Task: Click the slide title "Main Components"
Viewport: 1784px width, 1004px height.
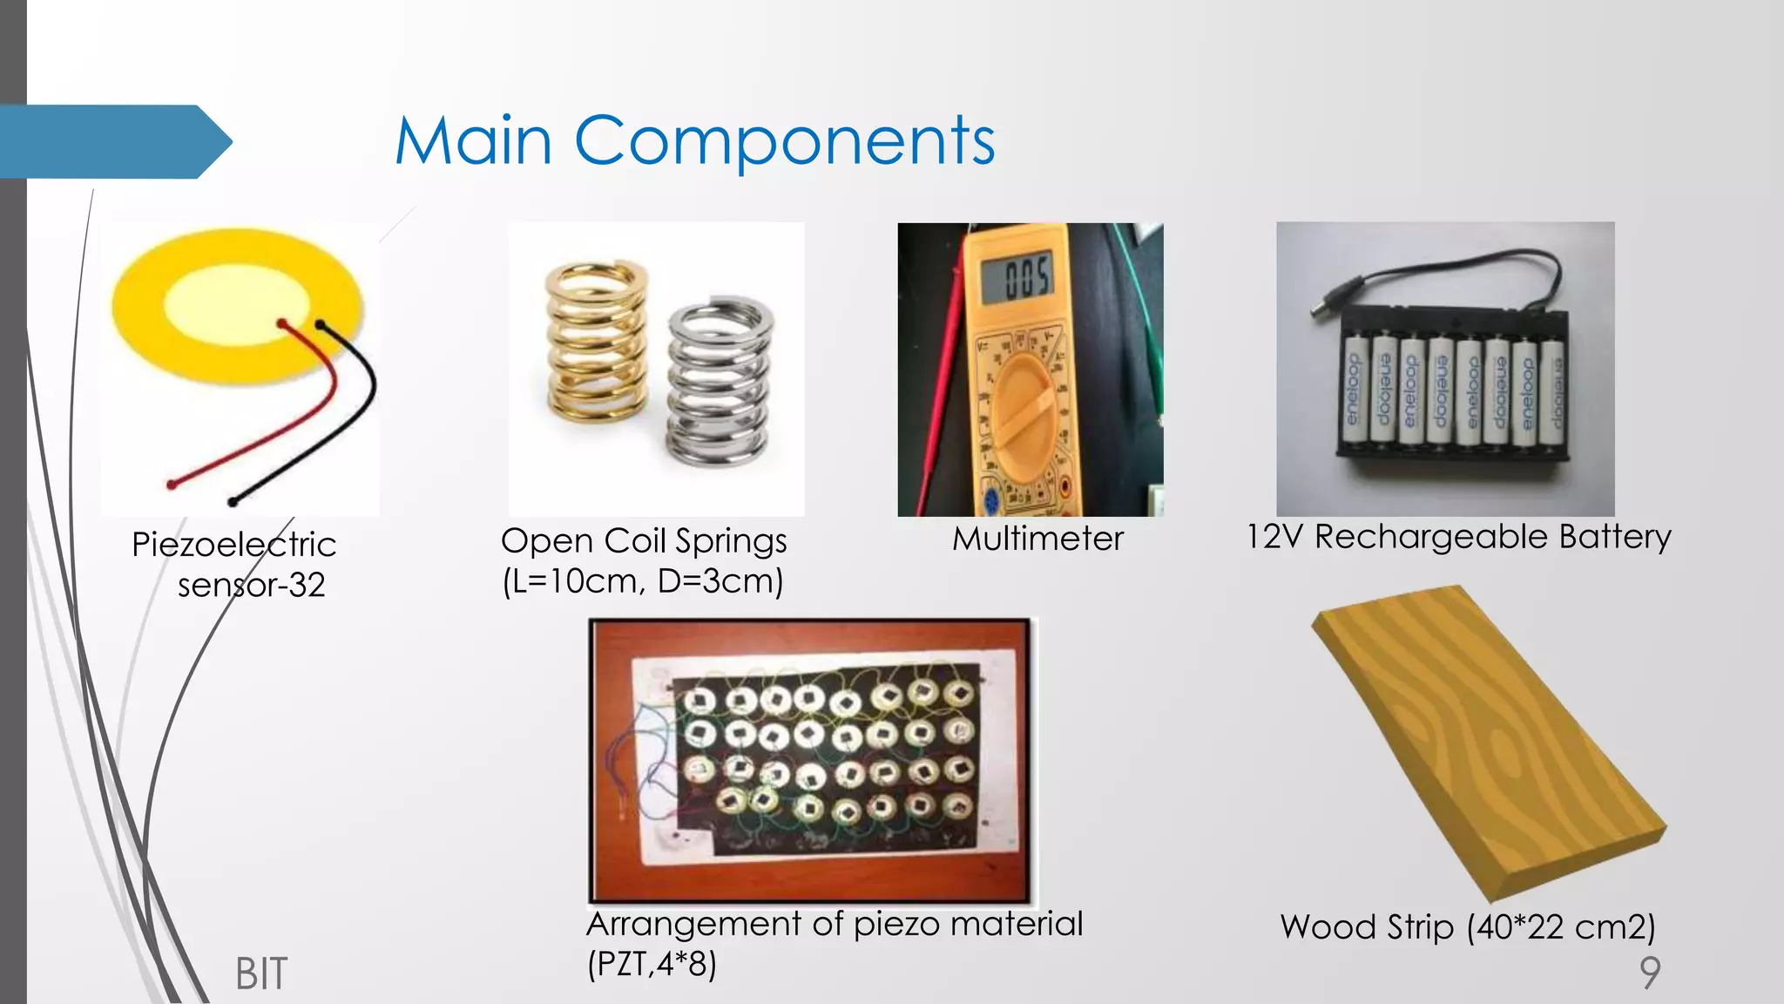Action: [694, 140]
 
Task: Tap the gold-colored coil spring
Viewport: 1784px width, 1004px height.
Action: [596, 342]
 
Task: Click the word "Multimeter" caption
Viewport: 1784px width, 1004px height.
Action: [1037, 539]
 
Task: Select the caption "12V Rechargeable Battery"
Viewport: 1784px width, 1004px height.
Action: [1458, 537]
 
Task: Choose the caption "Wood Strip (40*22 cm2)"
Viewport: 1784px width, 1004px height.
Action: [1468, 926]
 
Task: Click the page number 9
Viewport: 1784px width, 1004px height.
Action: [1650, 972]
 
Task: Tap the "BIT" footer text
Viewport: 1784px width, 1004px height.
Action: [260, 973]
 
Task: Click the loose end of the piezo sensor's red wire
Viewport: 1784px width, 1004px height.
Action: [172, 484]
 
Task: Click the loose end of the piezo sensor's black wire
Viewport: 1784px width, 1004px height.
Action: [233, 501]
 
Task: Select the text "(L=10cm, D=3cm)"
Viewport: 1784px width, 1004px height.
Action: [643, 580]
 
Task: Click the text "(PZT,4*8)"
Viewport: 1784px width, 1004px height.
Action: [652, 964]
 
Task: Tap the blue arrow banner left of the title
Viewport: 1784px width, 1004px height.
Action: [113, 141]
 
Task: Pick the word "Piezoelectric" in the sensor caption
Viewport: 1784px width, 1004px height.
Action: [233, 545]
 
